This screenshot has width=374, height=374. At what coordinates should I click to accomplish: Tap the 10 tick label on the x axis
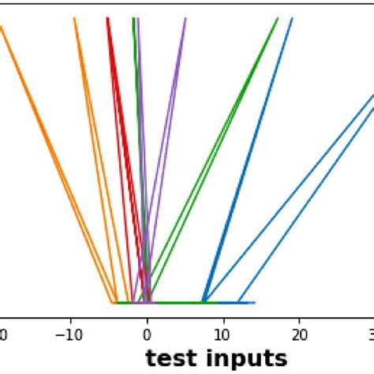point(223,335)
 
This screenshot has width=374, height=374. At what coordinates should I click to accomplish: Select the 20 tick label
point(299,335)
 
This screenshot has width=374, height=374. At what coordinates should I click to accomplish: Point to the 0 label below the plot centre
point(148,335)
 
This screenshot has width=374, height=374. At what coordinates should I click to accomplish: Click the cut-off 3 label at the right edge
point(371,335)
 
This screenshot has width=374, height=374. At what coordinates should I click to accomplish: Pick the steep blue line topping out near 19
point(260,142)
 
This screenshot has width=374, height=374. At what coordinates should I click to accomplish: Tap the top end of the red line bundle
point(107,20)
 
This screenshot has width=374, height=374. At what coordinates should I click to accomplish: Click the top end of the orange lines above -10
point(75,20)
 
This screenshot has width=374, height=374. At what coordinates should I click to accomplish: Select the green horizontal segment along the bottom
point(174,302)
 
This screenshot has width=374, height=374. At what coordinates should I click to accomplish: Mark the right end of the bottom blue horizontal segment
point(253,302)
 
